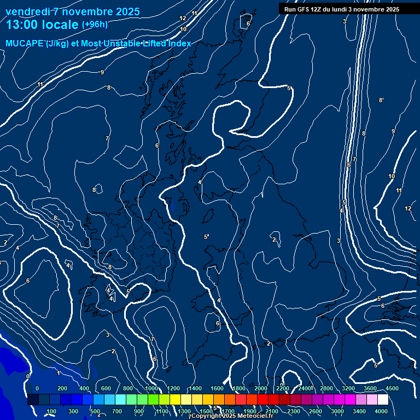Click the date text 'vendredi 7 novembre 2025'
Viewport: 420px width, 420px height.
[73, 11]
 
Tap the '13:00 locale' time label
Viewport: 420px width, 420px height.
[42, 25]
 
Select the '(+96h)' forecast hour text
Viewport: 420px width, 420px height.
[95, 25]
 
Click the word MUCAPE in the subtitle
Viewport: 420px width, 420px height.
[25, 44]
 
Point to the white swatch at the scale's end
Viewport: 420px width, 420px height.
[383, 400]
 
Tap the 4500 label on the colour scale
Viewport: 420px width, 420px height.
[392, 388]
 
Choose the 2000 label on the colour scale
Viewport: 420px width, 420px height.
[261, 388]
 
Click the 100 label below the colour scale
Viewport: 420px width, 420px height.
[52, 411]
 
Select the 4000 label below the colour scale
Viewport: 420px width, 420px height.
[382, 411]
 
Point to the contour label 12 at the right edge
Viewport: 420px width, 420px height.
[408, 208]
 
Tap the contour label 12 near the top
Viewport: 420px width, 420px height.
[183, 19]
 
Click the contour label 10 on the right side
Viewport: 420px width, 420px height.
[392, 176]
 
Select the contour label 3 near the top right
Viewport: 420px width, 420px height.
[345, 21]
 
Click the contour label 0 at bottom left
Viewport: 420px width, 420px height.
[27, 376]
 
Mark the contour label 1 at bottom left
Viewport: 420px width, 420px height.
[59, 373]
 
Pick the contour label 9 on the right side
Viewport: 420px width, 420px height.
[393, 131]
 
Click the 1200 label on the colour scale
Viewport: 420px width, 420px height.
[173, 388]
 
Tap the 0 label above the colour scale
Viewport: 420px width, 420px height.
[37, 388]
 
